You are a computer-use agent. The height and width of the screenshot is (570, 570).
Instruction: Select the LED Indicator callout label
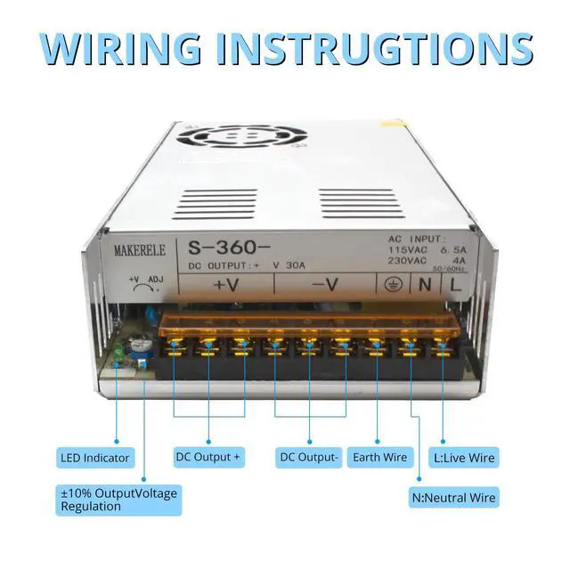tap(95, 458)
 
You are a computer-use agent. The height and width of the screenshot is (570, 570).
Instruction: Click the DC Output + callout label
tap(208, 458)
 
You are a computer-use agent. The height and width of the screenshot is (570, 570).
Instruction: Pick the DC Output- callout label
tap(309, 458)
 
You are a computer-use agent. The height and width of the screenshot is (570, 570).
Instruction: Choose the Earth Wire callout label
tap(379, 458)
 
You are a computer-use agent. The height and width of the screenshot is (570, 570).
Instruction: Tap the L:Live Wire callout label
tap(463, 458)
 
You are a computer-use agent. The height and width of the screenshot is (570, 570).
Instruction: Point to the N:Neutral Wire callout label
tap(454, 497)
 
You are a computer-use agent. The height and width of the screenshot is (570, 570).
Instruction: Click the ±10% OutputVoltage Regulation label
tap(118, 499)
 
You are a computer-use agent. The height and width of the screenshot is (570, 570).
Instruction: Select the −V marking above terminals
tap(324, 286)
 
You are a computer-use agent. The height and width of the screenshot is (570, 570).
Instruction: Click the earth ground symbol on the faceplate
tap(392, 286)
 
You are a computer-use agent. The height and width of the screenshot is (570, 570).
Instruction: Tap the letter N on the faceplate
tap(425, 286)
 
